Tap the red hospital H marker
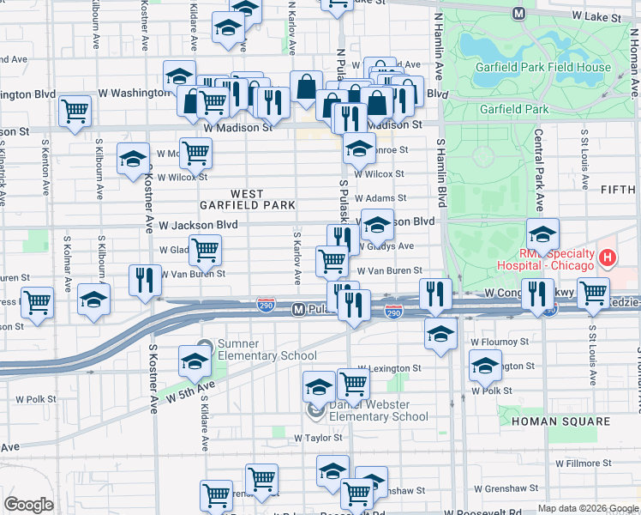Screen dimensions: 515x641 pos(607,257)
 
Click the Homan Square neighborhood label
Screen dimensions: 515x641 pos(560,421)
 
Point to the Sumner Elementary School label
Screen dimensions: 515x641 pos(255,350)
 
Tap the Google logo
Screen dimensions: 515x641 pos(28,505)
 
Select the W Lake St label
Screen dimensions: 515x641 pos(595,16)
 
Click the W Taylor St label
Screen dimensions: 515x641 pos(318,438)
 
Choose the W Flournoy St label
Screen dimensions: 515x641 pos(500,342)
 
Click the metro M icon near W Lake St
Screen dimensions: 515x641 pos(518,14)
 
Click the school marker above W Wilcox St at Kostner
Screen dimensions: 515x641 pos(133,161)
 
